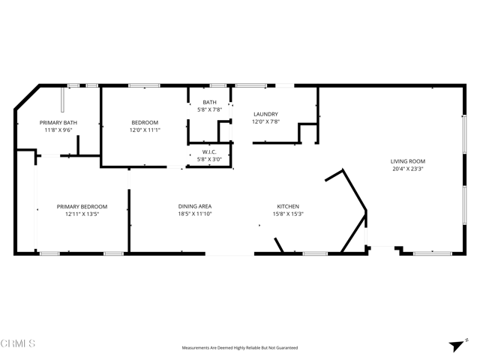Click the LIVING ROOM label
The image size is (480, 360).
click(407, 161)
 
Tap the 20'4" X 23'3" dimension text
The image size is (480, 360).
click(407, 169)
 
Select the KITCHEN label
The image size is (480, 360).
click(288, 206)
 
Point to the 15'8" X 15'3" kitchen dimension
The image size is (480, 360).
click(288, 214)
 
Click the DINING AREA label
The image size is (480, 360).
click(194, 206)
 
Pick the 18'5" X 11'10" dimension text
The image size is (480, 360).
click(194, 214)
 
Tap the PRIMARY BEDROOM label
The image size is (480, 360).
click(82, 206)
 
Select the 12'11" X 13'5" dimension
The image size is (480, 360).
click(82, 214)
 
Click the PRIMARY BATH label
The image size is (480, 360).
click(58, 122)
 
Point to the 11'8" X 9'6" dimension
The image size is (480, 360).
click(58, 130)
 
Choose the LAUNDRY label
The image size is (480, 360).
click(265, 114)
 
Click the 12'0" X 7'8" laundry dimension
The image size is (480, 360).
click(265, 121)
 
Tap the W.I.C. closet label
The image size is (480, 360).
click(208, 151)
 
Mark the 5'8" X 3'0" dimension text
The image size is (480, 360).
click(208, 159)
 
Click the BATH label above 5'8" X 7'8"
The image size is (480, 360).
click(209, 102)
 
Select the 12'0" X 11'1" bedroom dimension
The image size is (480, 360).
click(145, 130)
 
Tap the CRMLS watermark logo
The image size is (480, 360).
click(18, 343)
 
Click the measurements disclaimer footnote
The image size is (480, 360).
click(239, 348)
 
